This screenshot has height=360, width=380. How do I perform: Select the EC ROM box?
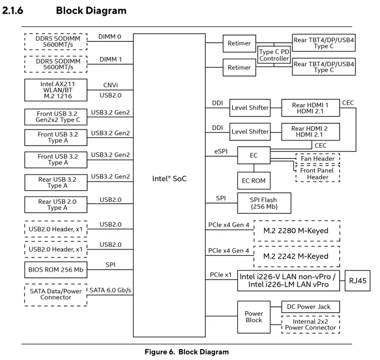[x=254, y=179]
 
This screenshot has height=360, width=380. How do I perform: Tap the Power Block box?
[x=254, y=316]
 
